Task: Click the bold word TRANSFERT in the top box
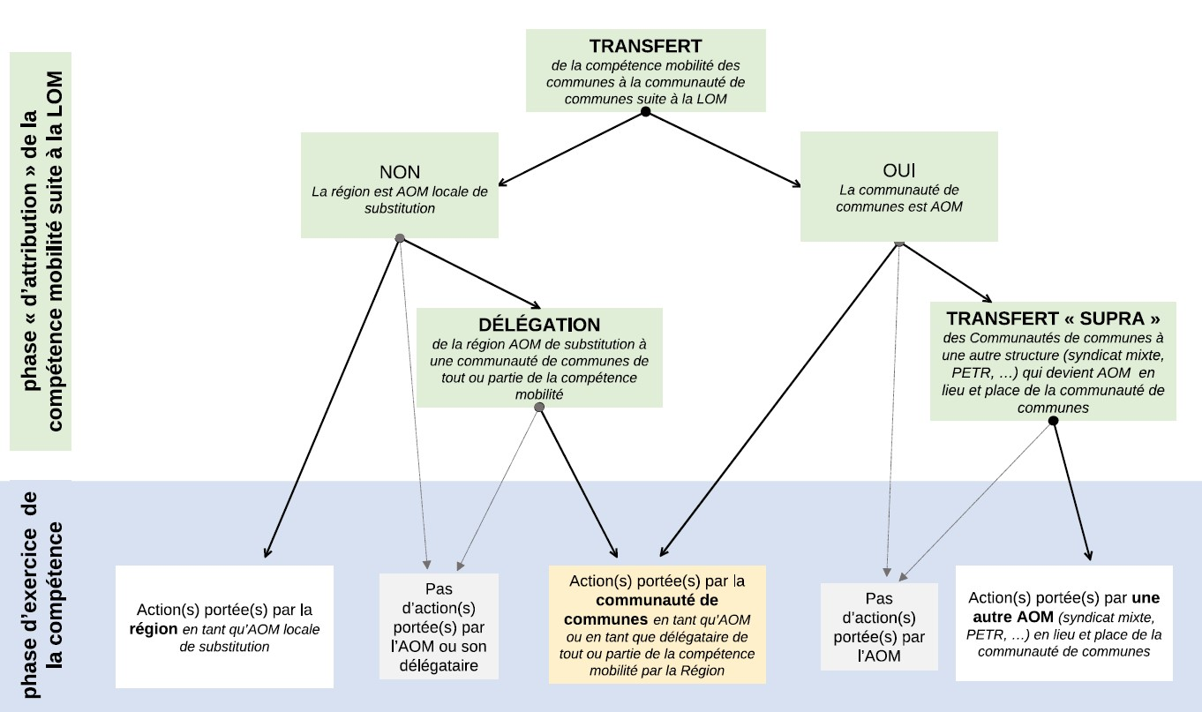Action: [645, 46]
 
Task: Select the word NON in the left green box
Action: [399, 172]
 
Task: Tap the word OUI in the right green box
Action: [899, 169]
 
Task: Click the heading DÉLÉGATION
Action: [538, 325]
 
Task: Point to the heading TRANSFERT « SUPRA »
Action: [1052, 318]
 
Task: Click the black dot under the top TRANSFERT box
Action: [645, 112]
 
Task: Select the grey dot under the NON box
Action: [400, 238]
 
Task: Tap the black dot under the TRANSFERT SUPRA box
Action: [1052, 422]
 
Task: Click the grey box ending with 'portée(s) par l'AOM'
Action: [879, 626]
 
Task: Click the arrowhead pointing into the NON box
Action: [503, 184]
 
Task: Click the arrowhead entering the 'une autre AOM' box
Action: [1089, 556]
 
